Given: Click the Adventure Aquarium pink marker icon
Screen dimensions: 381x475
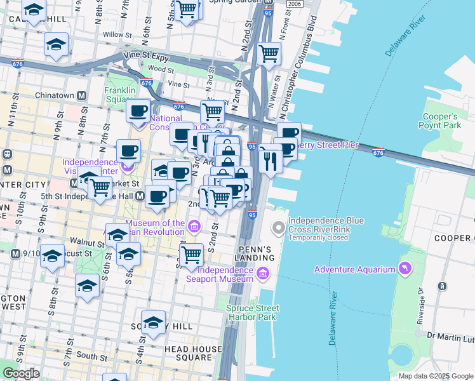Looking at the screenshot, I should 403,269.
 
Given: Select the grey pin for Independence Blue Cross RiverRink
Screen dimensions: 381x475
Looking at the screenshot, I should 278,227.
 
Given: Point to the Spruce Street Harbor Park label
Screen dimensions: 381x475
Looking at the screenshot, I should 252,312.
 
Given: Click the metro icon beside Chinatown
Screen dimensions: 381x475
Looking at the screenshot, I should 81,96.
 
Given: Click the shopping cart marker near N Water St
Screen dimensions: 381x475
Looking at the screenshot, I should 269,53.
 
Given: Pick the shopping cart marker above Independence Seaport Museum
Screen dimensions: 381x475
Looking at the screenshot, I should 191,255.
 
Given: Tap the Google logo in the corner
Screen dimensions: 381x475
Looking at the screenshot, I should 21,373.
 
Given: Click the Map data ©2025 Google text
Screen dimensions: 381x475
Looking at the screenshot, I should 435,376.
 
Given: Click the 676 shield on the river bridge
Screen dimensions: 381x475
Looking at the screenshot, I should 378,152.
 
